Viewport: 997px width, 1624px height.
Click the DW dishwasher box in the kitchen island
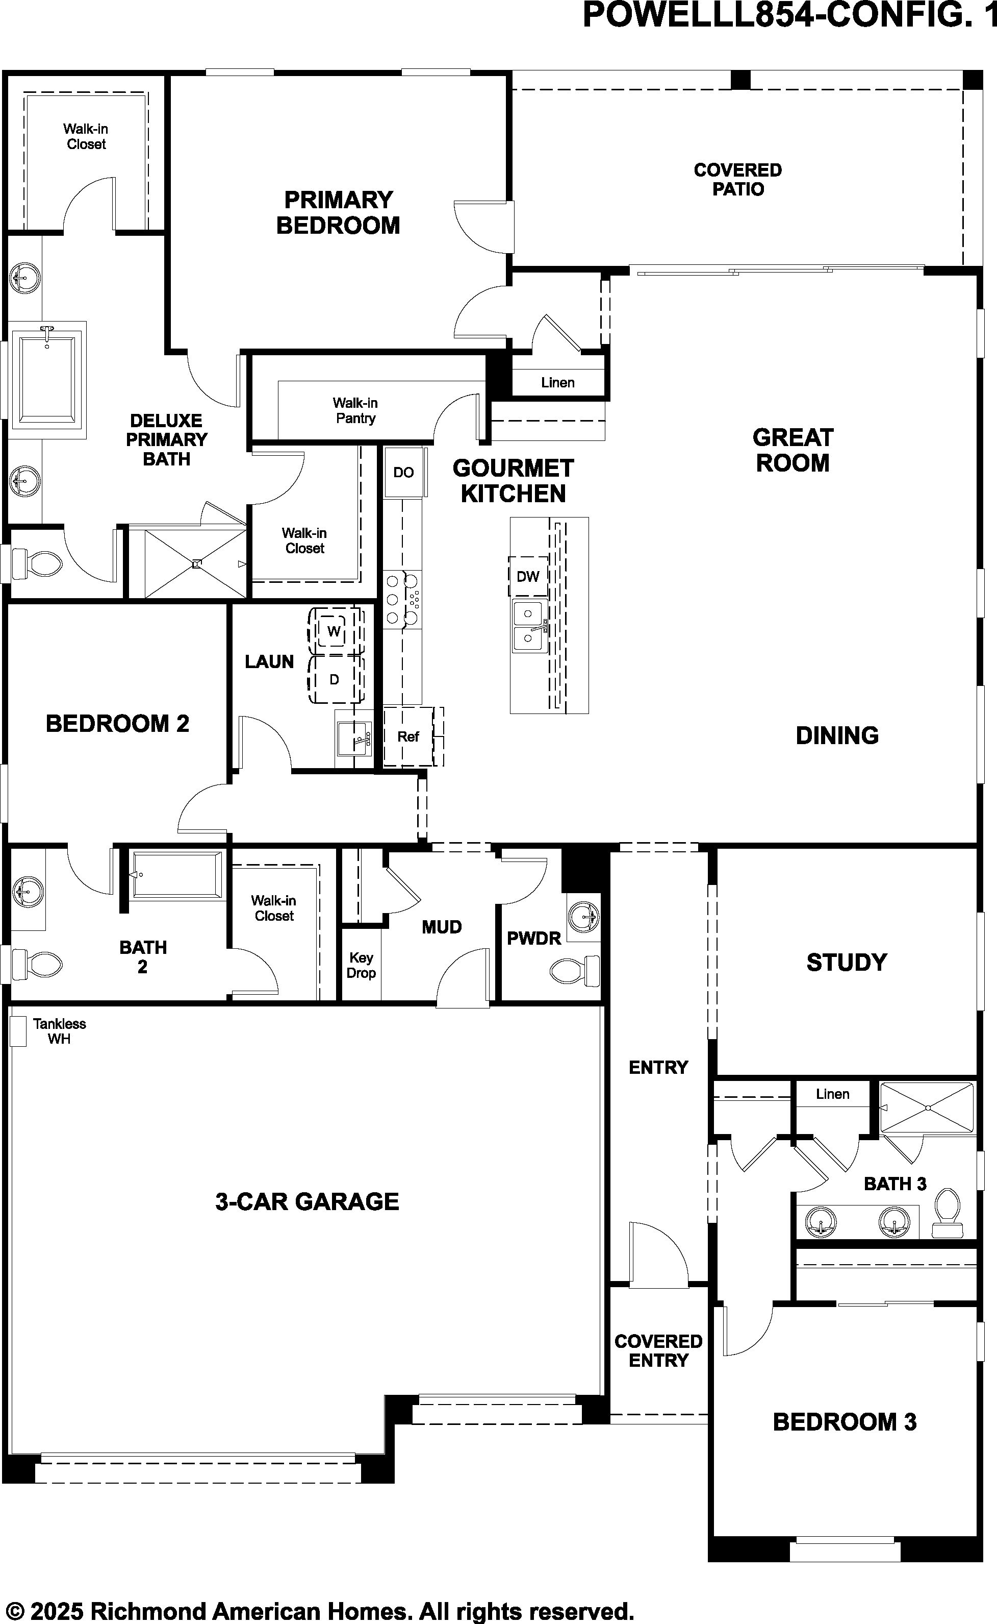tap(527, 576)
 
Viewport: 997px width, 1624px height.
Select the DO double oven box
tap(403, 472)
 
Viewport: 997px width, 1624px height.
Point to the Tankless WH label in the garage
tap(59, 1031)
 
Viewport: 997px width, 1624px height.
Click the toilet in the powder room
tap(574, 970)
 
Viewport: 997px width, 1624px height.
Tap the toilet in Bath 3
tap(948, 1212)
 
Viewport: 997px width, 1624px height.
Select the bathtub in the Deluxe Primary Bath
tap(47, 379)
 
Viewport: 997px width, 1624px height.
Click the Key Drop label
tap(362, 965)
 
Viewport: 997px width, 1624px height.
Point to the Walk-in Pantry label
tap(355, 410)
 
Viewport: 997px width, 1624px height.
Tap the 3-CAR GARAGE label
tap(308, 1201)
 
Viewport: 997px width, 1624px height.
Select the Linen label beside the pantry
tap(558, 382)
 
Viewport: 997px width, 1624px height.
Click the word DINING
tap(837, 735)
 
